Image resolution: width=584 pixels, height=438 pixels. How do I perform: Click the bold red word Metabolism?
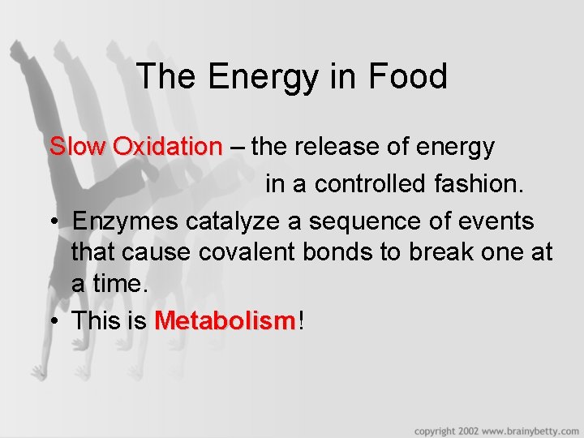click(x=225, y=320)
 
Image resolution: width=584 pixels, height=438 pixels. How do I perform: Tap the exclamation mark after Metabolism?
click(x=302, y=320)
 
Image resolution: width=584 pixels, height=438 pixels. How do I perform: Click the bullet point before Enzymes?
click(x=53, y=222)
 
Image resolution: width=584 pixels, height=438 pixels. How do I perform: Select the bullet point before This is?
click(x=53, y=321)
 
